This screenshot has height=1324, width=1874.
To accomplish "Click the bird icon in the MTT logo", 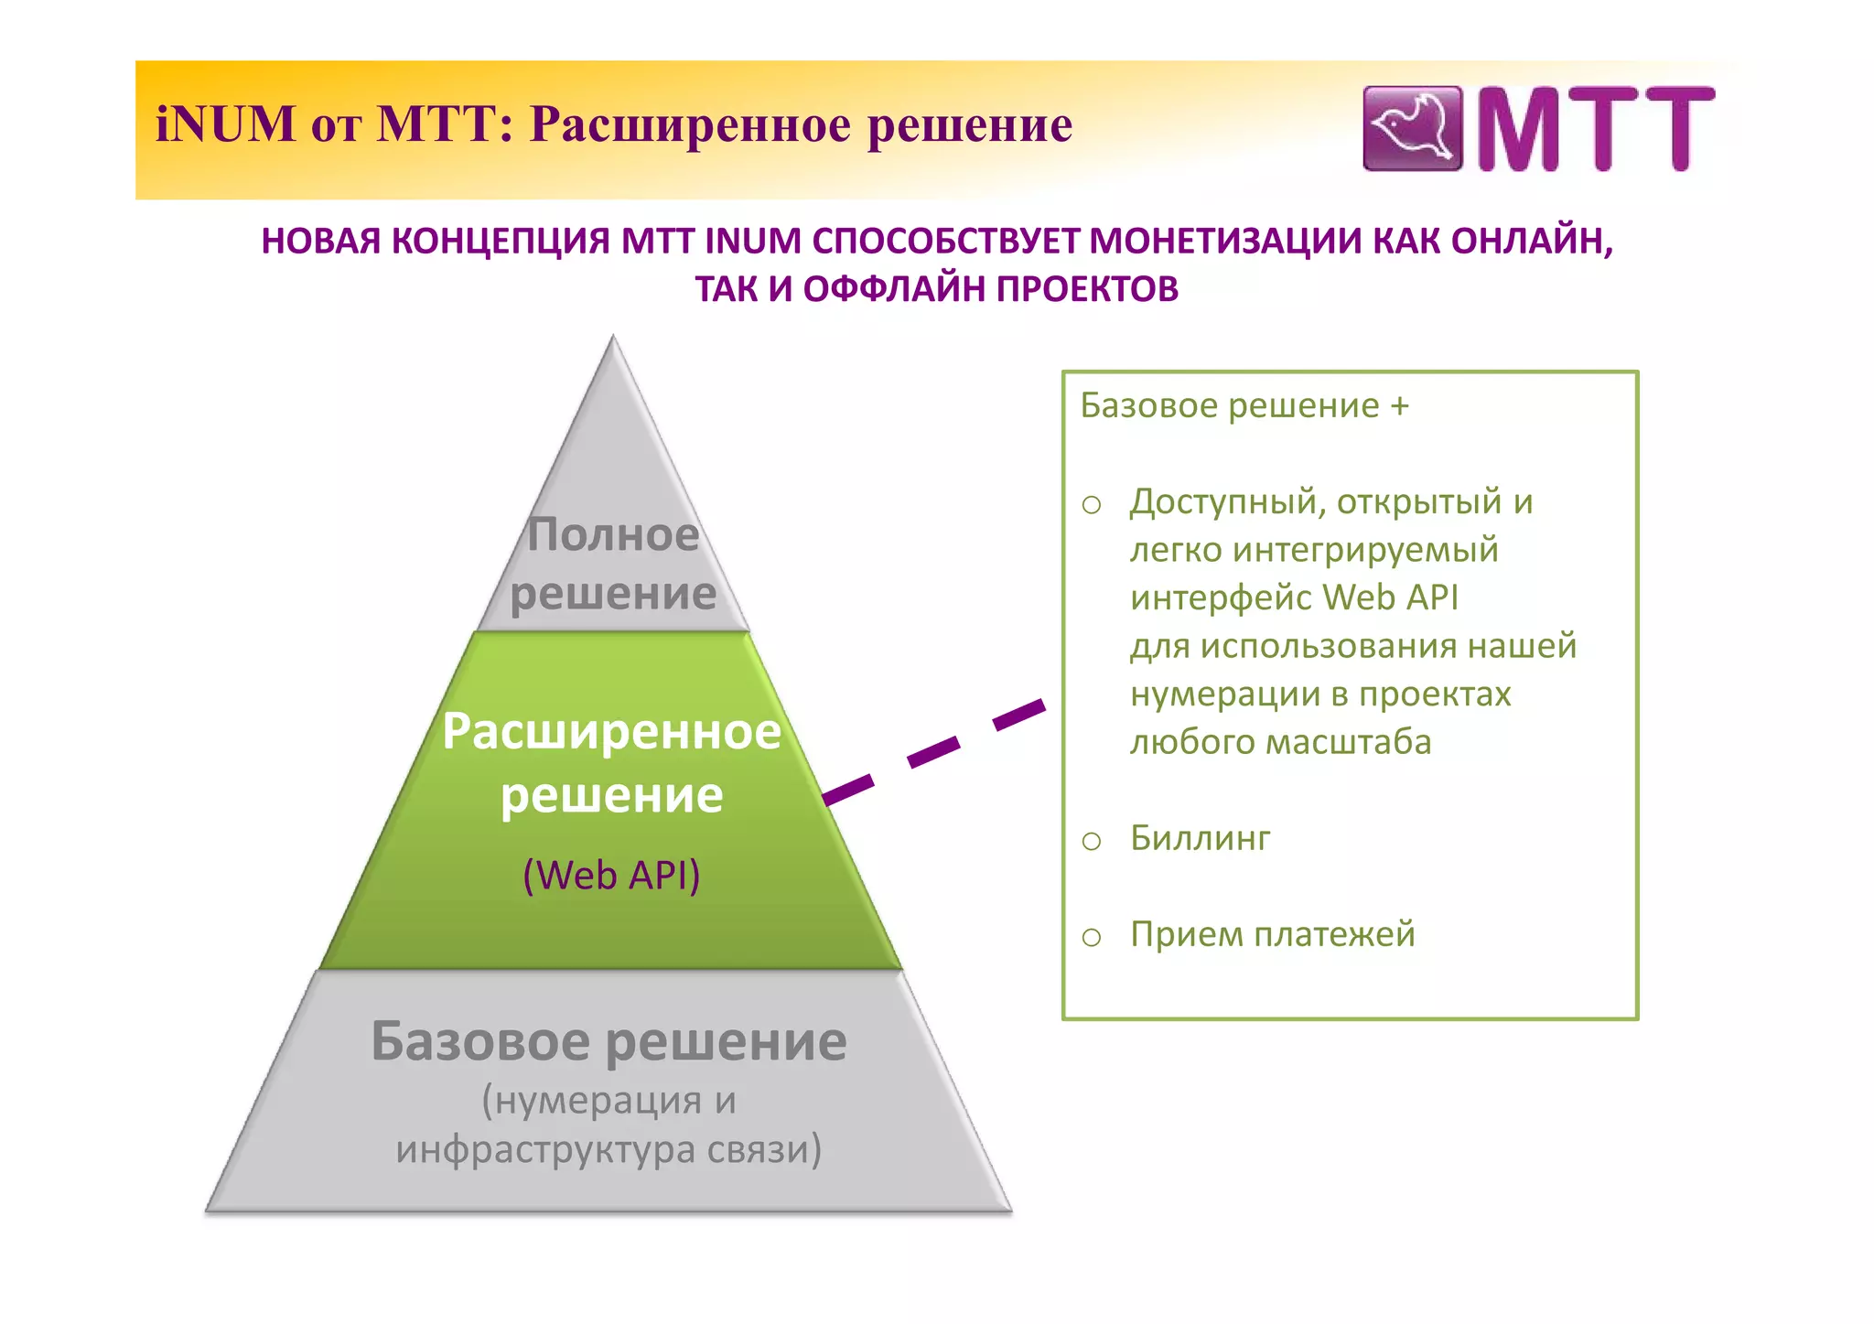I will [x=1412, y=128].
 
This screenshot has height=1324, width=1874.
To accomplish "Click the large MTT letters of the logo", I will [x=1595, y=129].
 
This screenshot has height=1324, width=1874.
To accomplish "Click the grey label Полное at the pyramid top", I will [x=613, y=534].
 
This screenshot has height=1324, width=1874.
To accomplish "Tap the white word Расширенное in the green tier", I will [x=611, y=732].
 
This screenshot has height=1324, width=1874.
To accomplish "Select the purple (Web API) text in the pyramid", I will [x=611, y=875].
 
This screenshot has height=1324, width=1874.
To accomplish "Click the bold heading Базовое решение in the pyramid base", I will [x=609, y=1041].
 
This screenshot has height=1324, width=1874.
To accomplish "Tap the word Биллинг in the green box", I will [x=1200, y=838].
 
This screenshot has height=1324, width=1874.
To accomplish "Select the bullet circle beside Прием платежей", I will [x=1092, y=937].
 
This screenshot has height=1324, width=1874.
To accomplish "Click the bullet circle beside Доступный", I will [x=1092, y=504].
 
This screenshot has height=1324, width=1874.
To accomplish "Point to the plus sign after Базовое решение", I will [x=1399, y=406].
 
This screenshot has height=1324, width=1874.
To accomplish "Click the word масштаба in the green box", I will [x=1349, y=742].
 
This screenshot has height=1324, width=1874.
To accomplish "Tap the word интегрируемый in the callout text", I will [x=1365, y=550].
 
